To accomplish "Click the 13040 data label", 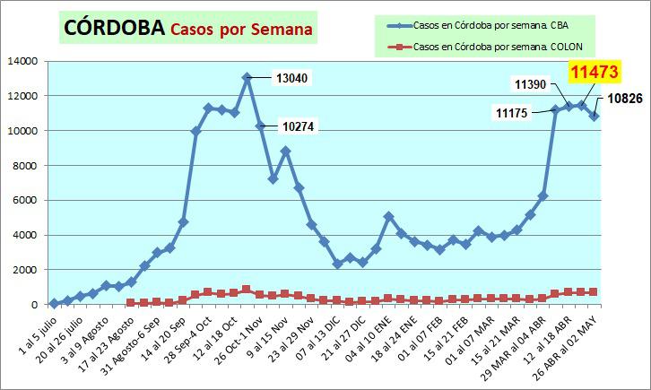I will click(289, 78).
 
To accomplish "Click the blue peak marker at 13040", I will click(247, 78).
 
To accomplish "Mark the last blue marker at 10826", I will click(594, 116).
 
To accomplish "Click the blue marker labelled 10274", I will click(260, 126).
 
